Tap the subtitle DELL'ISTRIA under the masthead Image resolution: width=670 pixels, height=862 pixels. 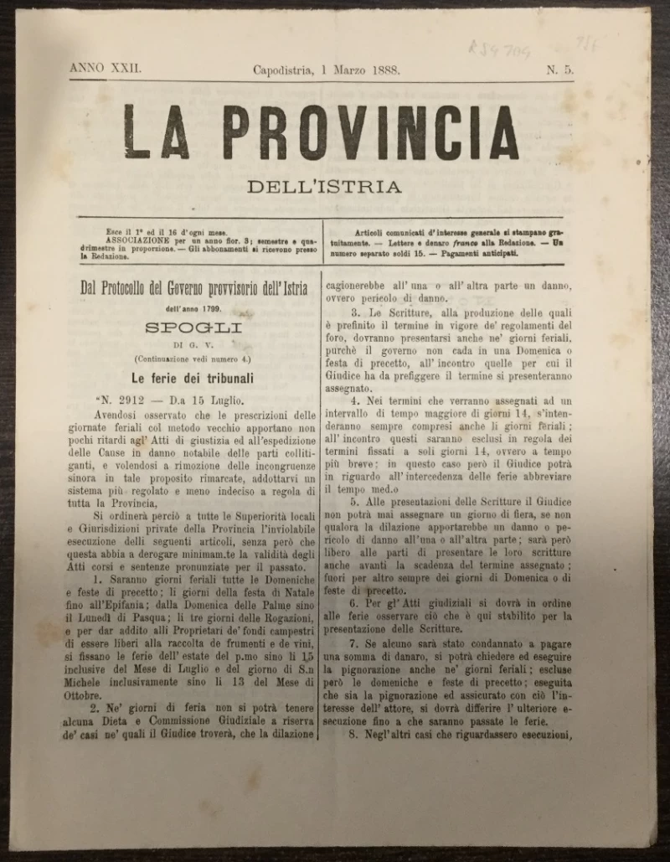pos(323,187)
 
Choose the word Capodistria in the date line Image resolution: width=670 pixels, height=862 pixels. pos(283,70)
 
